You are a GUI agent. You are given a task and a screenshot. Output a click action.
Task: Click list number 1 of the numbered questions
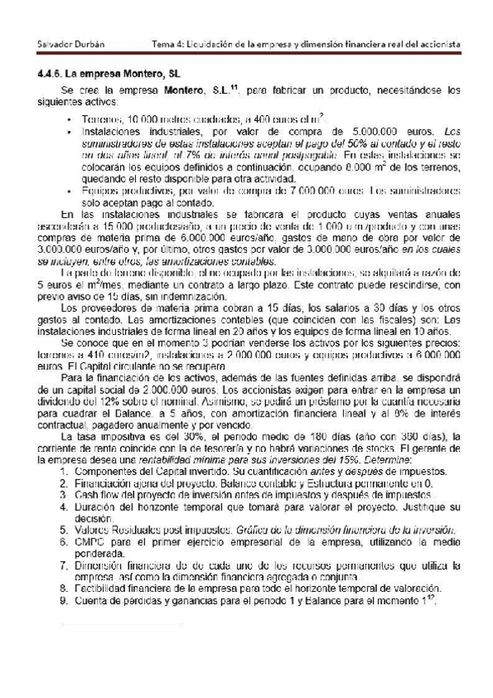[66, 472]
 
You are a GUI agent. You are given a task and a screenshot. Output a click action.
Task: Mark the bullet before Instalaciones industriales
[68, 131]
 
